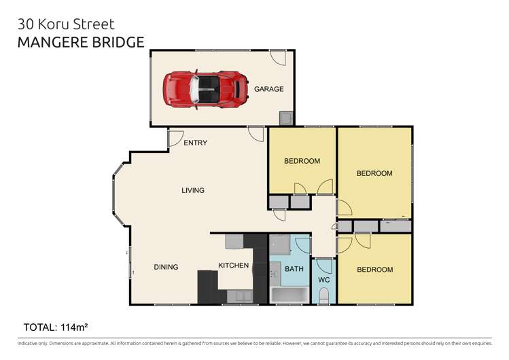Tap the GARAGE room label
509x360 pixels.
tap(268, 89)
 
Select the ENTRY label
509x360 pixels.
tap(196, 143)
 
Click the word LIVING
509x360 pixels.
tap(193, 190)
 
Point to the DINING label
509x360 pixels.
tap(166, 267)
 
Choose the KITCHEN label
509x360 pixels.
tap(233, 265)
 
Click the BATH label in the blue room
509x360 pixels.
tap(294, 269)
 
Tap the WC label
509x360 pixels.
tap(323, 280)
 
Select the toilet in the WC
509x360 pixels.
tap(324, 295)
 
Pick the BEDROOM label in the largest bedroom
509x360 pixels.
tap(374, 173)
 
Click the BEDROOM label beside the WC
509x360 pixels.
tap(375, 270)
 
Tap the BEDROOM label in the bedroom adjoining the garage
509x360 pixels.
tap(302, 161)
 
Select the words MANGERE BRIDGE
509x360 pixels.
tap(81, 42)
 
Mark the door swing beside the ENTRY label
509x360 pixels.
tap(175, 138)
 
